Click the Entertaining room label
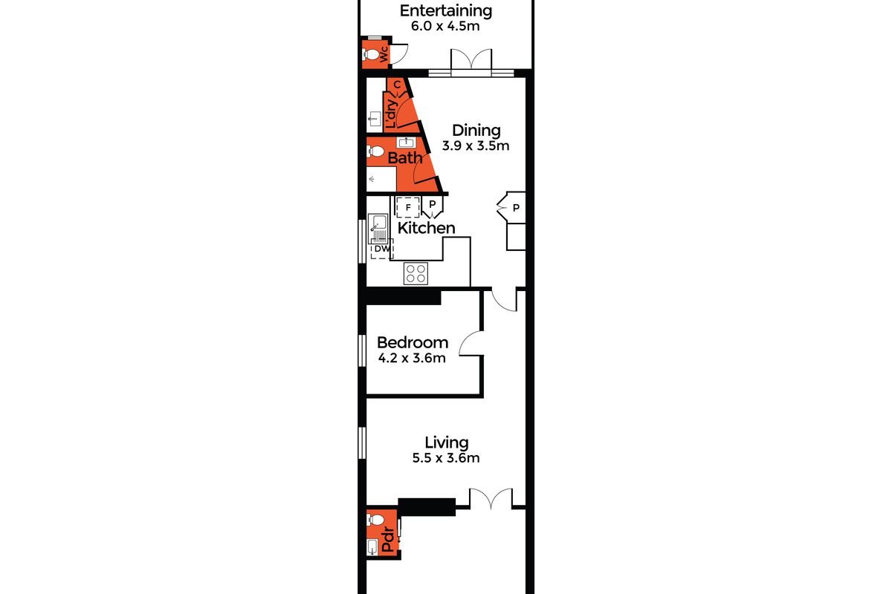(445, 10)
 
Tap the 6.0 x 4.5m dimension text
(445, 26)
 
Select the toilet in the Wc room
(370, 53)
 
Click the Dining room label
(476, 131)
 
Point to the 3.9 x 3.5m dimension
(476, 146)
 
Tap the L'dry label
(391, 114)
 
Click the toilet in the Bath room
(375, 151)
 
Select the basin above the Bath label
(406, 142)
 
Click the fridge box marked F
(408, 207)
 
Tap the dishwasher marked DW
(382, 249)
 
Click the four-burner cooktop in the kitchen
(416, 274)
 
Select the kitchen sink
(378, 229)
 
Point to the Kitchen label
(426, 228)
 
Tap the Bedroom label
(413, 342)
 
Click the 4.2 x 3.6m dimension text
(412, 358)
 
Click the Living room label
(447, 443)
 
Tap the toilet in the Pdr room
(375, 519)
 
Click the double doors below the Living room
(491, 498)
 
